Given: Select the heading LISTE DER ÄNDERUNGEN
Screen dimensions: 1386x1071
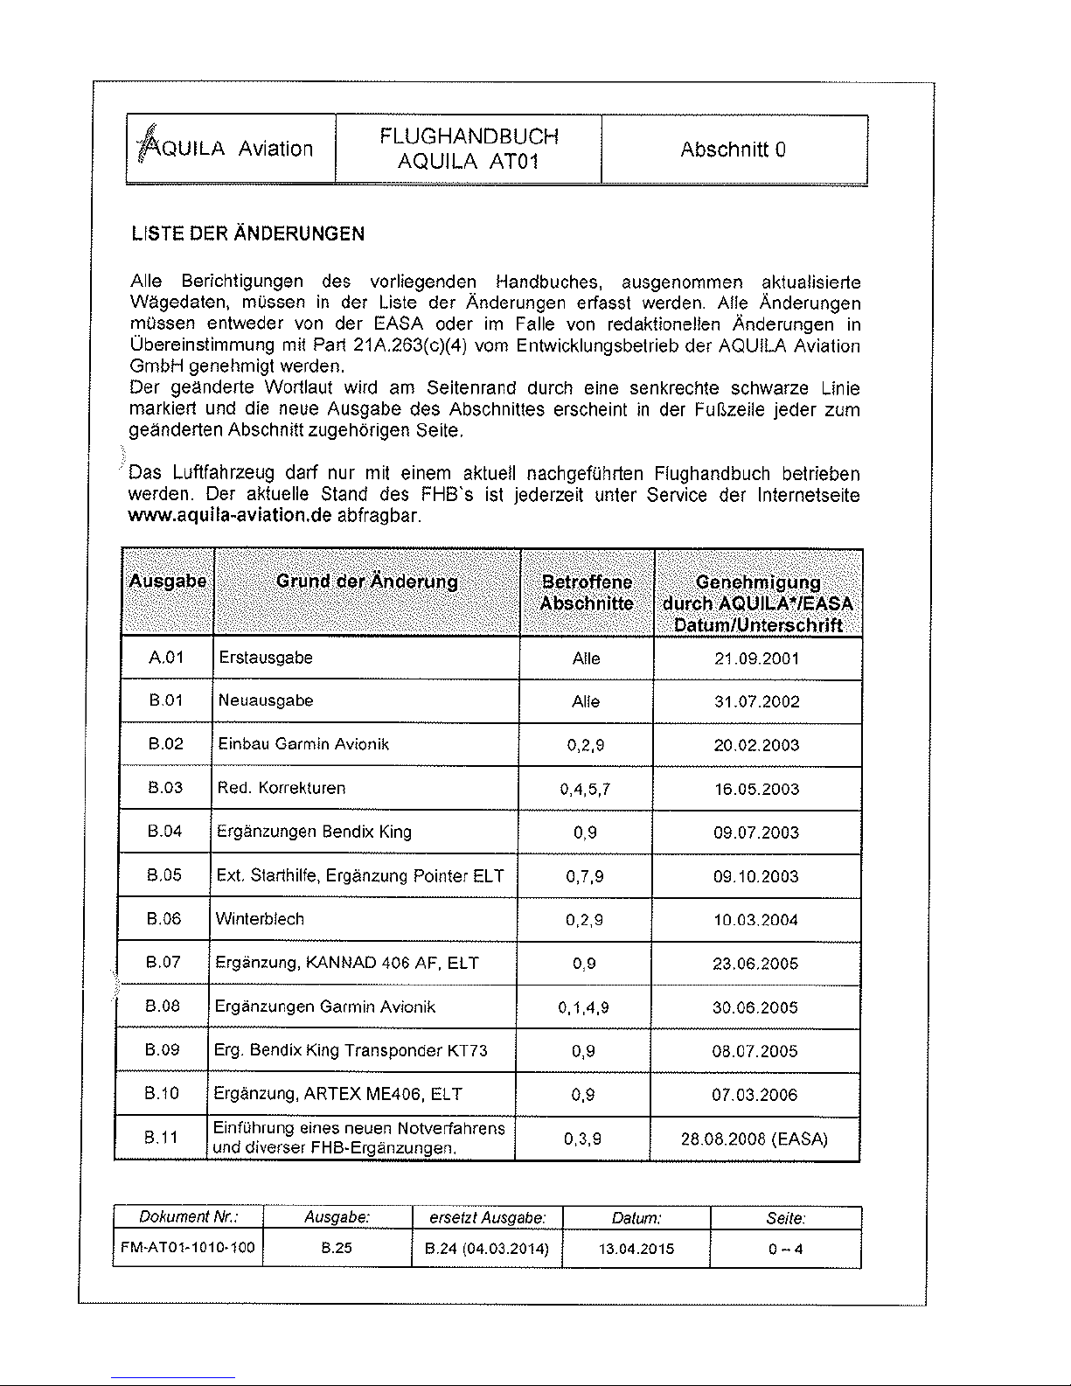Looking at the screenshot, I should tap(247, 234).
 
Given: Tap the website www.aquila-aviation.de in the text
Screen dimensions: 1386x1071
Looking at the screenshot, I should tap(230, 516).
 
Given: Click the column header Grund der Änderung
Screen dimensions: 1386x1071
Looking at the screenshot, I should tap(366, 582).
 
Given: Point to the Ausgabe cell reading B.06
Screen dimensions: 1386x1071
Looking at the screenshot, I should tap(163, 919).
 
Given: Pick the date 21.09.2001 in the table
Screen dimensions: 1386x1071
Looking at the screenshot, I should tap(757, 658).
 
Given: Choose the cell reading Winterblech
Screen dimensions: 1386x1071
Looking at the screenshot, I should tap(260, 919).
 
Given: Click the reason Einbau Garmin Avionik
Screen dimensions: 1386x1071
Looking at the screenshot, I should tap(303, 744).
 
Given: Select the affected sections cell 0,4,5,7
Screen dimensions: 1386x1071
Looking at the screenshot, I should tap(585, 789).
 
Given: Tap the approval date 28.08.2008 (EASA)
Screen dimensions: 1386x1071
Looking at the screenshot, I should tap(754, 1139).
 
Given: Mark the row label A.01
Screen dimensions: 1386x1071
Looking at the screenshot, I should tap(166, 658).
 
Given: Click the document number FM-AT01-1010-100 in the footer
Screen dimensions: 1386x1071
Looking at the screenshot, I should tap(187, 1248).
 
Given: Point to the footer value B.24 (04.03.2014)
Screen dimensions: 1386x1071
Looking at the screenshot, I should tap(486, 1249).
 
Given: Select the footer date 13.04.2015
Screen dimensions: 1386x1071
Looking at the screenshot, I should tap(636, 1249).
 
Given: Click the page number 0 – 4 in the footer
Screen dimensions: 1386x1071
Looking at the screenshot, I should tap(785, 1249).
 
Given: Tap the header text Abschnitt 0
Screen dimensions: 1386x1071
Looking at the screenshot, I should tap(733, 150).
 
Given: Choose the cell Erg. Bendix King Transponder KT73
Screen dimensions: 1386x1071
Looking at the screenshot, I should tap(351, 1050).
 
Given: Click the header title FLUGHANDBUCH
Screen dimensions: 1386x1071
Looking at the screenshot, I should tap(469, 136).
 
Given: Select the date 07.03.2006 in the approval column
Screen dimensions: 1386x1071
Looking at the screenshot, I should tap(755, 1095).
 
